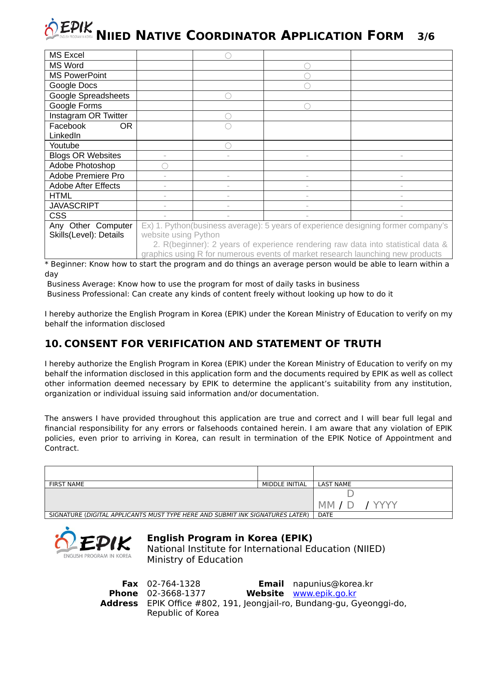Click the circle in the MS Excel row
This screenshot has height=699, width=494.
click(228, 56)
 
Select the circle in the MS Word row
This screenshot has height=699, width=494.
click(307, 66)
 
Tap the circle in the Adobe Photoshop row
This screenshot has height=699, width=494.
click(165, 166)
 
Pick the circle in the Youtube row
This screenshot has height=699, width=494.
click(228, 146)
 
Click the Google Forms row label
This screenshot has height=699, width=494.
click(76, 106)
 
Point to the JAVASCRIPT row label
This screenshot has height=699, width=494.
click(74, 206)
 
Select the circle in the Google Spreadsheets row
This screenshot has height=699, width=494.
click(228, 96)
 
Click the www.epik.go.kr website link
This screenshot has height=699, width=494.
click(324, 593)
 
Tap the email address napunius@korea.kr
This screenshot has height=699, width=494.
click(333, 584)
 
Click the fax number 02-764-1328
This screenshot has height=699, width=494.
click(174, 584)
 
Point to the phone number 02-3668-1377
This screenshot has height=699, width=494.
click(176, 593)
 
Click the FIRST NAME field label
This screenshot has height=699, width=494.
click(66, 484)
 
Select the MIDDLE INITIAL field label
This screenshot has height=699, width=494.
click(284, 484)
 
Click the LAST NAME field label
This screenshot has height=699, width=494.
click(334, 484)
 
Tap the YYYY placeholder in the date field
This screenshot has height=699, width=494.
click(385, 505)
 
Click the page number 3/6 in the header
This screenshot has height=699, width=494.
click(426, 37)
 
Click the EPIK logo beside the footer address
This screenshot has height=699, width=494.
click(94, 543)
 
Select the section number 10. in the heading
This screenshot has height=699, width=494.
click(53, 344)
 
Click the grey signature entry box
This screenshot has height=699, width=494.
click(179, 500)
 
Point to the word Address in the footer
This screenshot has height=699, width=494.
click(119, 603)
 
